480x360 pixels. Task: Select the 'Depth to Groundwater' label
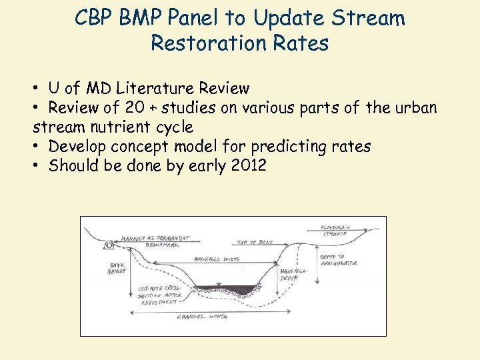339,260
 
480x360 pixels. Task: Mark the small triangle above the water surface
219,283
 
